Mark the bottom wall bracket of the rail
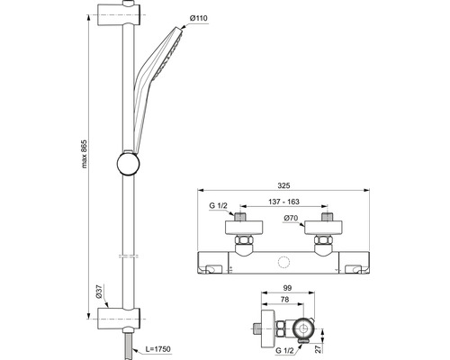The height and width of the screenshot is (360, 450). point(119,316)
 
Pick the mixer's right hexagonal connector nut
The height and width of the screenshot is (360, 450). point(324,245)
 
